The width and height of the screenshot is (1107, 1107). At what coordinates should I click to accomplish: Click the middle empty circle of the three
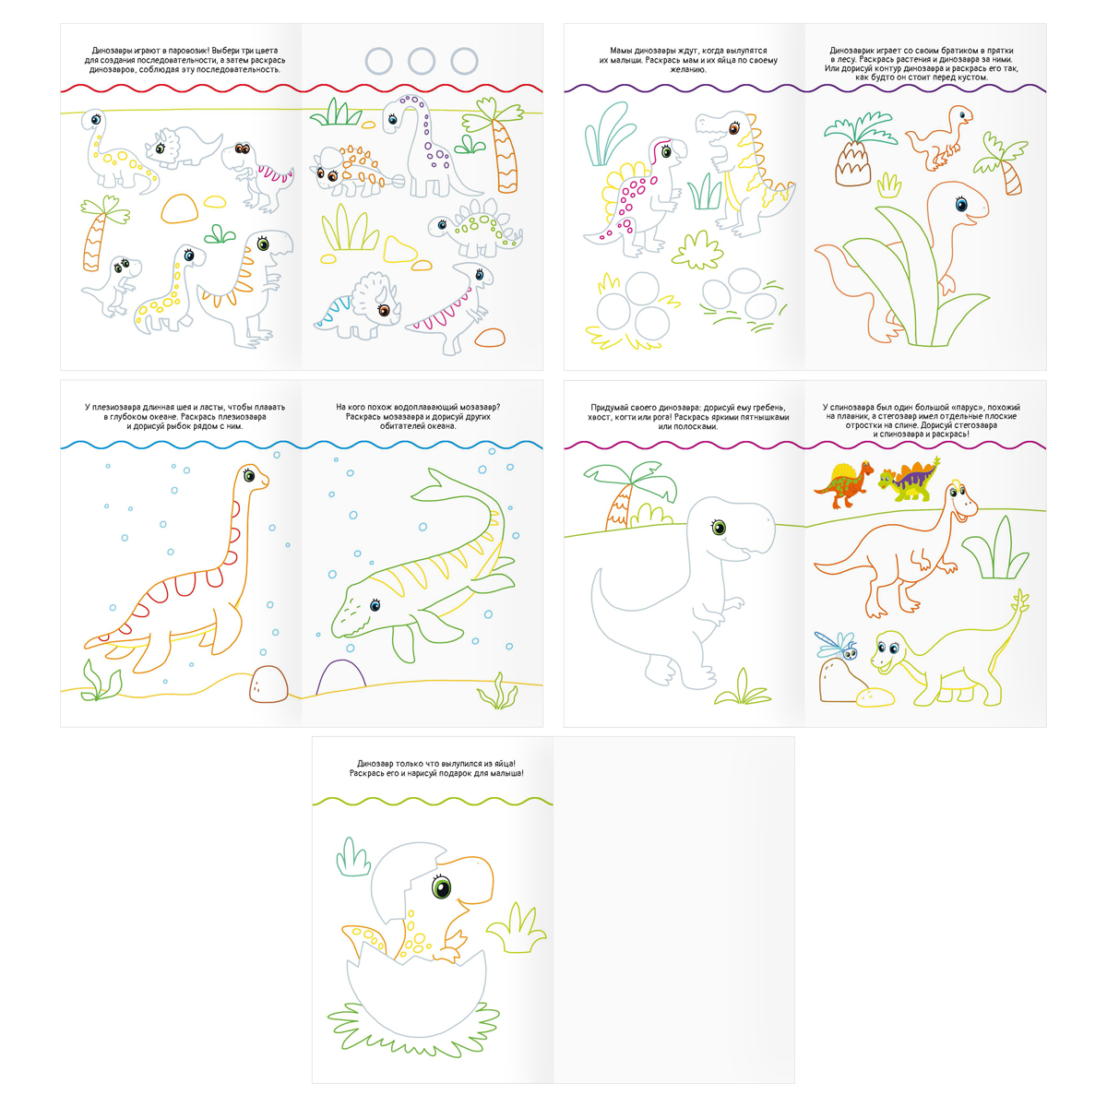coord(421,61)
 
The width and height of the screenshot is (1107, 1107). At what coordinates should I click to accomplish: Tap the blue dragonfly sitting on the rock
coord(838,645)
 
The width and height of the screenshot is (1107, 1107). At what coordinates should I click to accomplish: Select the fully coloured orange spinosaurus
coord(842,484)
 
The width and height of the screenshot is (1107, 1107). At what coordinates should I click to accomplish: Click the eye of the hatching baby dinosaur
coord(441,886)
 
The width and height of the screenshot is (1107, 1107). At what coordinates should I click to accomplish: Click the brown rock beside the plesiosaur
coord(268,684)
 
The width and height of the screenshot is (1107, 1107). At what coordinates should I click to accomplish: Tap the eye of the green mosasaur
coord(375,603)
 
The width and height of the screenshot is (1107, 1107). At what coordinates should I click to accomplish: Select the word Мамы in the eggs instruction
coord(621,51)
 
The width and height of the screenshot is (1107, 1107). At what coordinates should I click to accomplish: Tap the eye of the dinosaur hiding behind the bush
coord(961,204)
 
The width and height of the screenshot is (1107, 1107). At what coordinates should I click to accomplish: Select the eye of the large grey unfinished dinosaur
coord(719,527)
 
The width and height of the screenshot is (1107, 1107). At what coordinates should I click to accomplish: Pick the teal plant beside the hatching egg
coord(352,857)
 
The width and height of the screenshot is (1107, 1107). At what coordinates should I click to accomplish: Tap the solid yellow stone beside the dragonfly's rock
coord(875,696)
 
